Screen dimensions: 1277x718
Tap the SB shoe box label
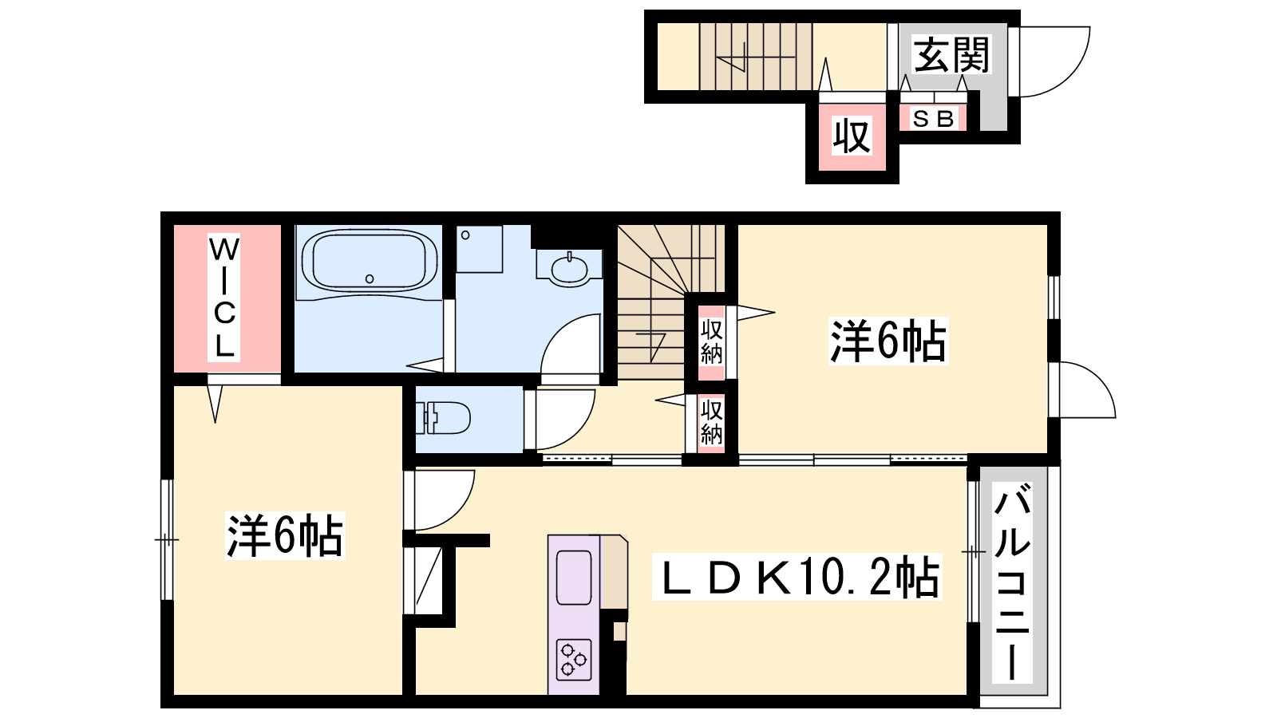(x=933, y=119)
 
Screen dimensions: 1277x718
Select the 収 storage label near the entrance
(x=852, y=136)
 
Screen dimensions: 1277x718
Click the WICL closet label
(x=223, y=298)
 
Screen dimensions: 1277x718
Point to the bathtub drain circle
(x=370, y=278)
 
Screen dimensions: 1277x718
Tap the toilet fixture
(x=443, y=418)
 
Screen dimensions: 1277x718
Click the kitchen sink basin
(x=574, y=578)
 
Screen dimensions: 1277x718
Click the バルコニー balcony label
(x=1012, y=582)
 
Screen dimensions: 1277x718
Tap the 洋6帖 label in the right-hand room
(x=888, y=341)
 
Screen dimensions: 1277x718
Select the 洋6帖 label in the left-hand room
(x=285, y=535)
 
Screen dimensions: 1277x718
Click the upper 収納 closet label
(x=711, y=342)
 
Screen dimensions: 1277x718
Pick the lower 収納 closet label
(x=711, y=423)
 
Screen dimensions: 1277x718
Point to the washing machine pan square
(x=479, y=249)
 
